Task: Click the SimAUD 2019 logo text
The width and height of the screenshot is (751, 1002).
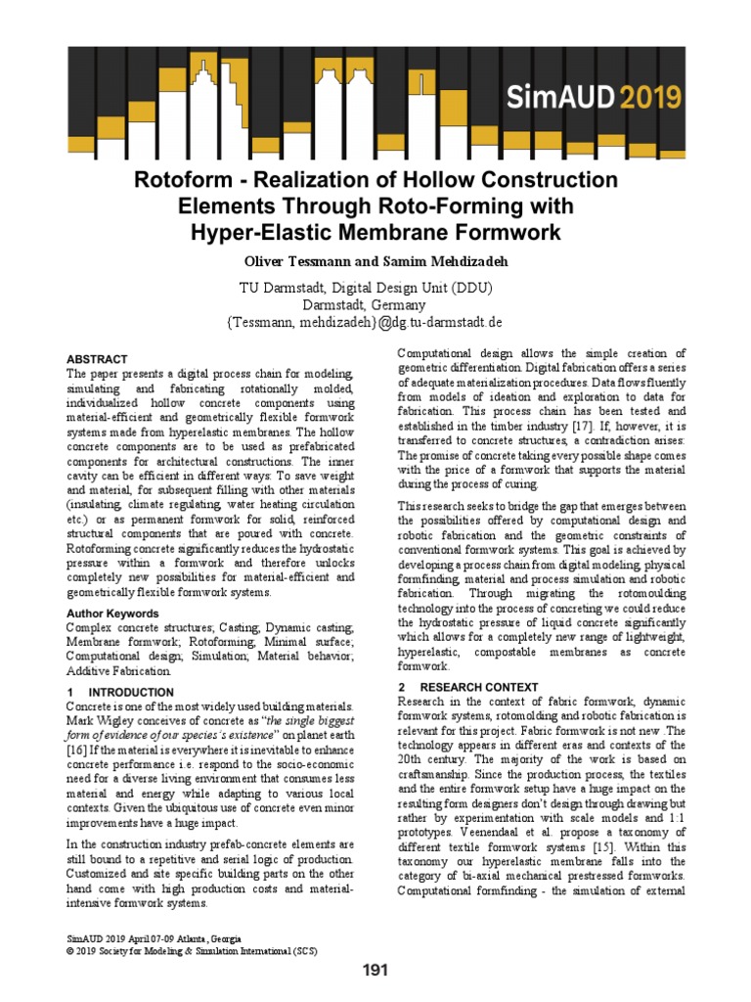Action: (604, 96)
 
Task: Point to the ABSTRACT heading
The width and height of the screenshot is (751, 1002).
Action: (97, 359)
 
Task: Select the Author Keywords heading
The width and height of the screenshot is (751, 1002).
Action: (111, 614)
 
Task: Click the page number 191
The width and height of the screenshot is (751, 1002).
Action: (375, 971)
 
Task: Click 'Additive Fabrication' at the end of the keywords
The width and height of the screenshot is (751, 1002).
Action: (118, 671)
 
